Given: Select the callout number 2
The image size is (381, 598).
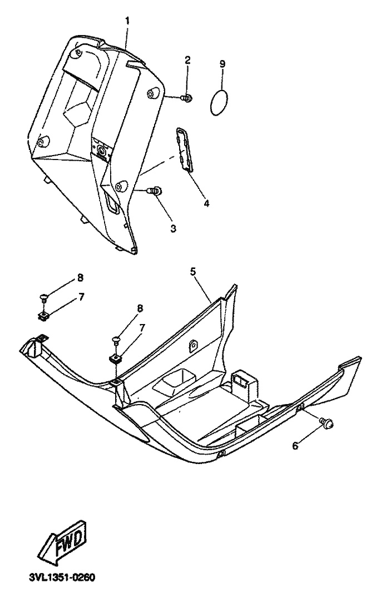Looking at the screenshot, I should pos(187,60).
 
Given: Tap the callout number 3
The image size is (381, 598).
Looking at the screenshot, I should pos(158,228).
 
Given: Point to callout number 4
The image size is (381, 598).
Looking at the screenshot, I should pos(206,203).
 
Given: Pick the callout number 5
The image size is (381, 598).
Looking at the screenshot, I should pos(193,272).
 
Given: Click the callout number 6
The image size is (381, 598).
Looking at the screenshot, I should pos(295,446).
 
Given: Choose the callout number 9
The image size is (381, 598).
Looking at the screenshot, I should pos(222,64).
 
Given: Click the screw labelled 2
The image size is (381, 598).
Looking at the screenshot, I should pos(187,98).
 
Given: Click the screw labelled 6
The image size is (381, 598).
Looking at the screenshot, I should pos(328,424).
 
